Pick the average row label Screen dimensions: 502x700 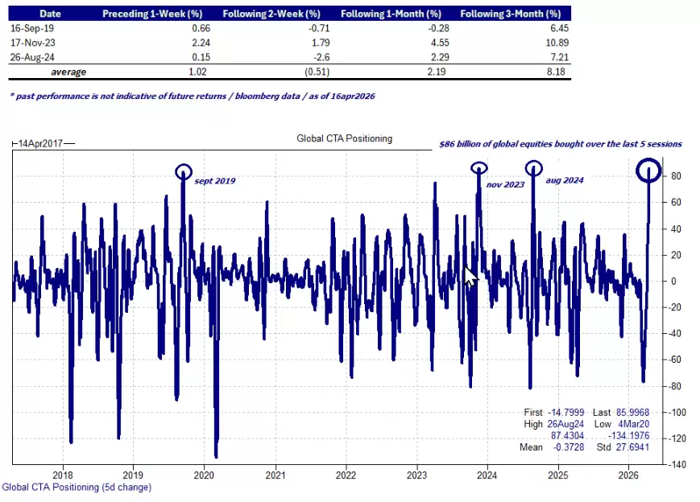pyautogui.click(x=68, y=72)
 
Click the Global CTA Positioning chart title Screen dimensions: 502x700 pyautogui.click(x=344, y=138)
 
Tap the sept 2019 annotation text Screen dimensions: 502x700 pyautogui.click(x=214, y=180)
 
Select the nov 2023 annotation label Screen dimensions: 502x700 pyautogui.click(x=505, y=184)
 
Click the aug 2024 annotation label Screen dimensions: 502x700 pyautogui.click(x=564, y=181)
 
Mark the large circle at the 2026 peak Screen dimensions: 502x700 pyautogui.click(x=648, y=170)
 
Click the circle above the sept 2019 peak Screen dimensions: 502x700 pyautogui.click(x=184, y=171)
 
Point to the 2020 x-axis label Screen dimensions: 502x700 pyautogui.click(x=203, y=475)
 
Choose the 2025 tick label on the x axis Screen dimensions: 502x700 pyautogui.click(x=557, y=475)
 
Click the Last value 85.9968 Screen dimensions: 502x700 pyautogui.click(x=623, y=411)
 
